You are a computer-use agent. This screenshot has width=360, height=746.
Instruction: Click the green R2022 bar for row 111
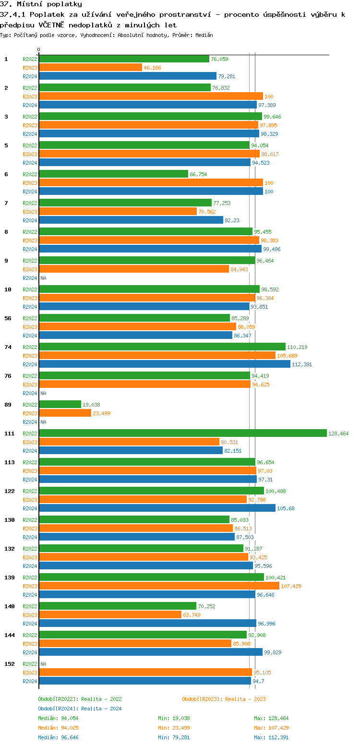click(182, 433)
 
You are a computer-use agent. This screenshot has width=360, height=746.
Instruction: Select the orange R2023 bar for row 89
click(65, 413)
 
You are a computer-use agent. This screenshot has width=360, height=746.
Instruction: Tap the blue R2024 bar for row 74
click(164, 364)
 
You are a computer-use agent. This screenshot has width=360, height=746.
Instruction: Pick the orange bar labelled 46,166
click(90, 68)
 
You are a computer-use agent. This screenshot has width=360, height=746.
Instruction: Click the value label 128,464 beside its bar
click(338, 433)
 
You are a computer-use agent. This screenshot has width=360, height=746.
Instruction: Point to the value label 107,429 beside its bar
click(291, 586)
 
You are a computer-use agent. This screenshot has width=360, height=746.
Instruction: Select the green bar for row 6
click(113, 174)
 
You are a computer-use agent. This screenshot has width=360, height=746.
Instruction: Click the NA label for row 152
click(43, 664)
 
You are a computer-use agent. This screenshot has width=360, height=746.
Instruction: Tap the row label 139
click(10, 578)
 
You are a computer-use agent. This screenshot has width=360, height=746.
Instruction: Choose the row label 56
click(8, 318)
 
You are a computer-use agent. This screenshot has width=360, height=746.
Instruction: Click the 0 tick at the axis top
click(38, 49)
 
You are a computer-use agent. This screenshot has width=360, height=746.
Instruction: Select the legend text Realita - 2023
click(245, 699)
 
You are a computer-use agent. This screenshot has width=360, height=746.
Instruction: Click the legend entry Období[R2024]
click(59, 709)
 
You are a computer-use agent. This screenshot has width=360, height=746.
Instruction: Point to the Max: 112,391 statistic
click(271, 737)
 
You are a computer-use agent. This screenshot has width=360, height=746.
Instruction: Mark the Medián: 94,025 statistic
click(58, 728)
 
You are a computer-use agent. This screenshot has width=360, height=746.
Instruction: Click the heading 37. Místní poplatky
click(41, 4)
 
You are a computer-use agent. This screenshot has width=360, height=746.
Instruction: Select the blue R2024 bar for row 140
click(147, 624)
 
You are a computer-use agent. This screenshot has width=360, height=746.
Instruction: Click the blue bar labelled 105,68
click(157, 508)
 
